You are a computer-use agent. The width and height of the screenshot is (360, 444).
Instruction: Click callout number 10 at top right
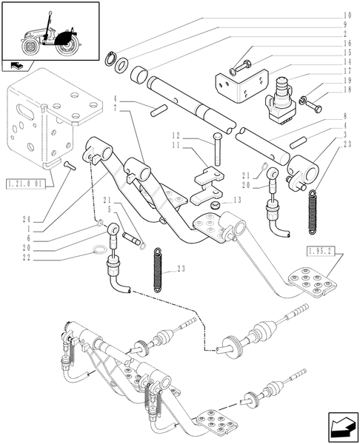pyautogui.click(x=347, y=15)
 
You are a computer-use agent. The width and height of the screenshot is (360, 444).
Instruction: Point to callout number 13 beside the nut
pyautogui.click(x=237, y=200)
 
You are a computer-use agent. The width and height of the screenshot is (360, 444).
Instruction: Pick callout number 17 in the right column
pyautogui.click(x=347, y=80)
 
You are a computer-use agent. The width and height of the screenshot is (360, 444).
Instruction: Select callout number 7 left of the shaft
pyautogui.click(x=116, y=109)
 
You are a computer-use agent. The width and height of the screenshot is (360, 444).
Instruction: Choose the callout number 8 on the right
pyautogui.click(x=347, y=116)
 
